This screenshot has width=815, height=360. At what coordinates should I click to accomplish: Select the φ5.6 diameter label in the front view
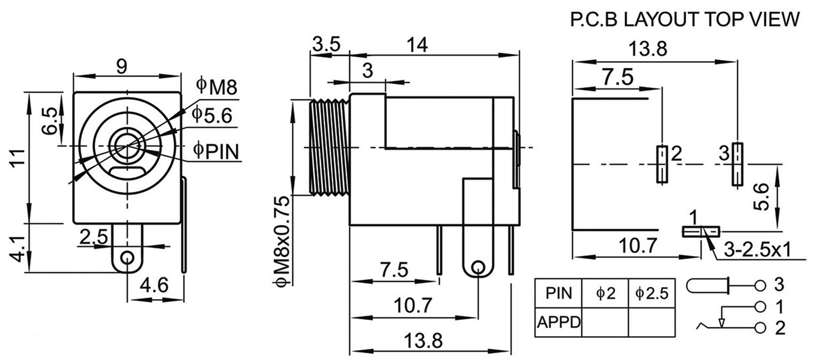[212, 115]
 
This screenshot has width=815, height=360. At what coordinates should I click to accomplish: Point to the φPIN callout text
[216, 151]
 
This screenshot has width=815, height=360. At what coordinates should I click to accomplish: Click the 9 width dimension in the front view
[121, 66]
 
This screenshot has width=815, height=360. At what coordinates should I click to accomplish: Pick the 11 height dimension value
[18, 158]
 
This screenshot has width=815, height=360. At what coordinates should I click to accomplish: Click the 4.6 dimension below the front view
[154, 285]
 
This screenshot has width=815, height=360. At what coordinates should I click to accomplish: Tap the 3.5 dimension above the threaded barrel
[326, 44]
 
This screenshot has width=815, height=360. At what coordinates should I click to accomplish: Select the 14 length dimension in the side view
[418, 45]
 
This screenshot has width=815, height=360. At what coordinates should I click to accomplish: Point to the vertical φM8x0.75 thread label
[282, 241]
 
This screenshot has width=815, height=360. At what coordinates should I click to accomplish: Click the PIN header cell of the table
[559, 293]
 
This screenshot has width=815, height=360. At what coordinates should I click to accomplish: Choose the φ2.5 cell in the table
[652, 294]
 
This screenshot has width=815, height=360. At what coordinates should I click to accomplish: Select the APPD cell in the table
[559, 322]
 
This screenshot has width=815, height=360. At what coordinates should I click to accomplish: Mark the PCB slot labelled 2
[662, 164]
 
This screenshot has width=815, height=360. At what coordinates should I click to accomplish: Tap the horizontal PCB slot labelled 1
[701, 232]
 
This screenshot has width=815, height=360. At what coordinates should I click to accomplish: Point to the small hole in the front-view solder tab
[127, 258]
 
